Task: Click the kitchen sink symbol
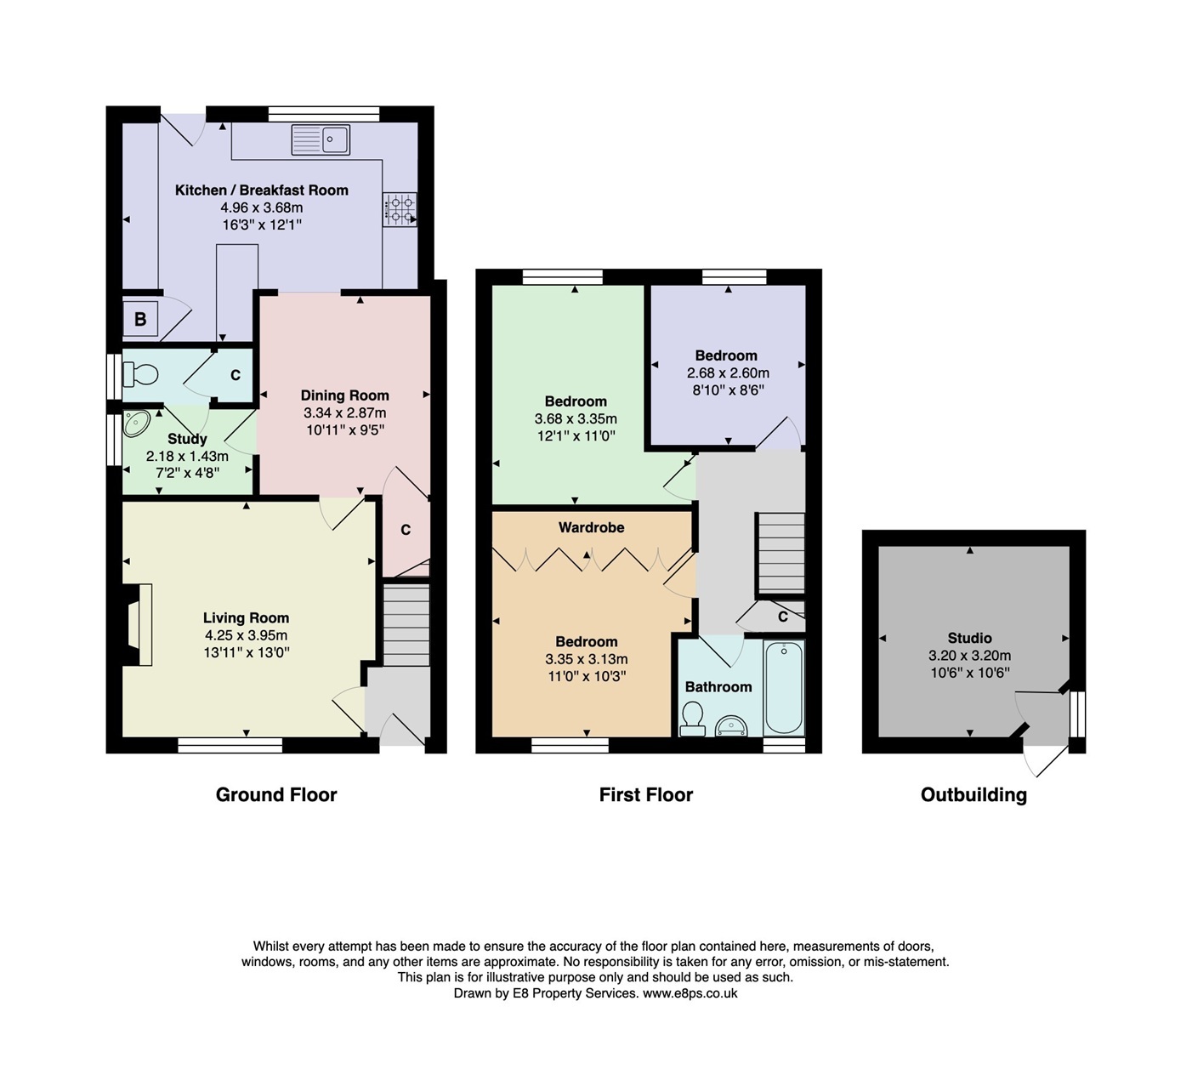[321, 139]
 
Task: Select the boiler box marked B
[140, 320]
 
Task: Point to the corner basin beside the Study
[136, 422]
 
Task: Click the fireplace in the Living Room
[136, 624]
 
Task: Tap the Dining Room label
[344, 395]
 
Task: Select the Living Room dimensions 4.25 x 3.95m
[246, 635]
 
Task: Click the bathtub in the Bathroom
[783, 688]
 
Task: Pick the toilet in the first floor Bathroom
[693, 719]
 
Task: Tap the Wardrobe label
[591, 528]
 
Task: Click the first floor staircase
[780, 553]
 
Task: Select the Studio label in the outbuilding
[969, 638]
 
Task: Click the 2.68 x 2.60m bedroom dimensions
[728, 373]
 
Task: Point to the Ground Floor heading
[276, 795]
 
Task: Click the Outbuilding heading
[973, 795]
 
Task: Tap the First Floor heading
[646, 795]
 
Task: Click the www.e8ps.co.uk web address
[690, 993]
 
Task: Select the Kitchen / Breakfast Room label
[262, 190]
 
